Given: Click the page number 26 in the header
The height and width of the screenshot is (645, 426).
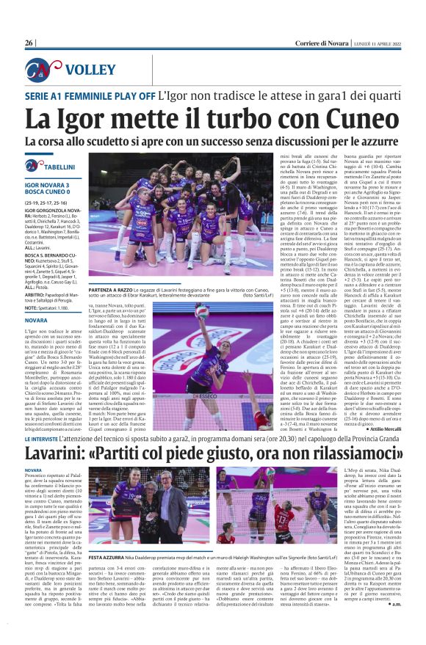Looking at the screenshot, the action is click(29, 43).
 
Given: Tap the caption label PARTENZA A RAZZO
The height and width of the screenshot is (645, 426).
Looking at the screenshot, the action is click(112, 270).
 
